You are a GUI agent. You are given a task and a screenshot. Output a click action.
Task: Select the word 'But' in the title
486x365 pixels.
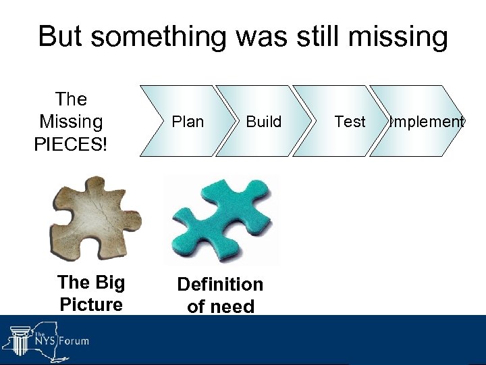point(62,36)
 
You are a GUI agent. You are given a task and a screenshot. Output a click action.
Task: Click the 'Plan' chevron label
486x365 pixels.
point(188,122)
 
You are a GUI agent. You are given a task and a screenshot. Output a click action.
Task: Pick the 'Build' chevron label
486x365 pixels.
point(263,122)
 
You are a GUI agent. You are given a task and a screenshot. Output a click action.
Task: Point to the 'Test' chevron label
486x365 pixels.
point(350,122)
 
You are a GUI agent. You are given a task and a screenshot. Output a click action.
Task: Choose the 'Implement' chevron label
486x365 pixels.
point(426,122)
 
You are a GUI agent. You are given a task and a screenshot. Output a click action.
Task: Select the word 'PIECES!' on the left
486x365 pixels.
point(71,145)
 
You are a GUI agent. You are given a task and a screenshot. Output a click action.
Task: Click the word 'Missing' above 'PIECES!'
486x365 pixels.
point(71,122)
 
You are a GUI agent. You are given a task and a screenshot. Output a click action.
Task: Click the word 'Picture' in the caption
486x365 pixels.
point(91,304)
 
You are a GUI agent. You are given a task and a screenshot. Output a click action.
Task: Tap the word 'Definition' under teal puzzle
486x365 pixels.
point(220,285)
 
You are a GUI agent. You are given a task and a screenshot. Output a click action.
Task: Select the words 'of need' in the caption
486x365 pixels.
point(220,307)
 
